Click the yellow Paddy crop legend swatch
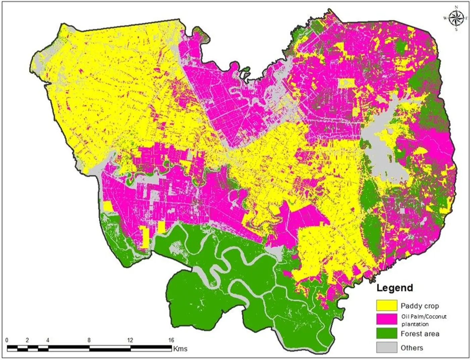coord(386,305)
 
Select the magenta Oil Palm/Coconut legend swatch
coord(386,319)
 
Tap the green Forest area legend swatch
coord(386,333)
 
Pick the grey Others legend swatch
coord(386,348)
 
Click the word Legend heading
coord(395,288)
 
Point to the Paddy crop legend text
coord(419,306)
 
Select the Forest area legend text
coord(420,334)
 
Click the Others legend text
coord(412,348)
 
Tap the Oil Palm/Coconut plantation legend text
coord(424,320)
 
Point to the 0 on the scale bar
coord(7,340)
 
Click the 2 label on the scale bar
coord(28,340)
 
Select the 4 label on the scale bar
coord(48,340)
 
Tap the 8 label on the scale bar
coord(89,340)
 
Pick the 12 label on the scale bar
coord(130,340)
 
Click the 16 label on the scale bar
coord(171,340)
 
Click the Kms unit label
coord(180,349)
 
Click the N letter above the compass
coord(456,7)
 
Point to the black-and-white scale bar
coord(89,348)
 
